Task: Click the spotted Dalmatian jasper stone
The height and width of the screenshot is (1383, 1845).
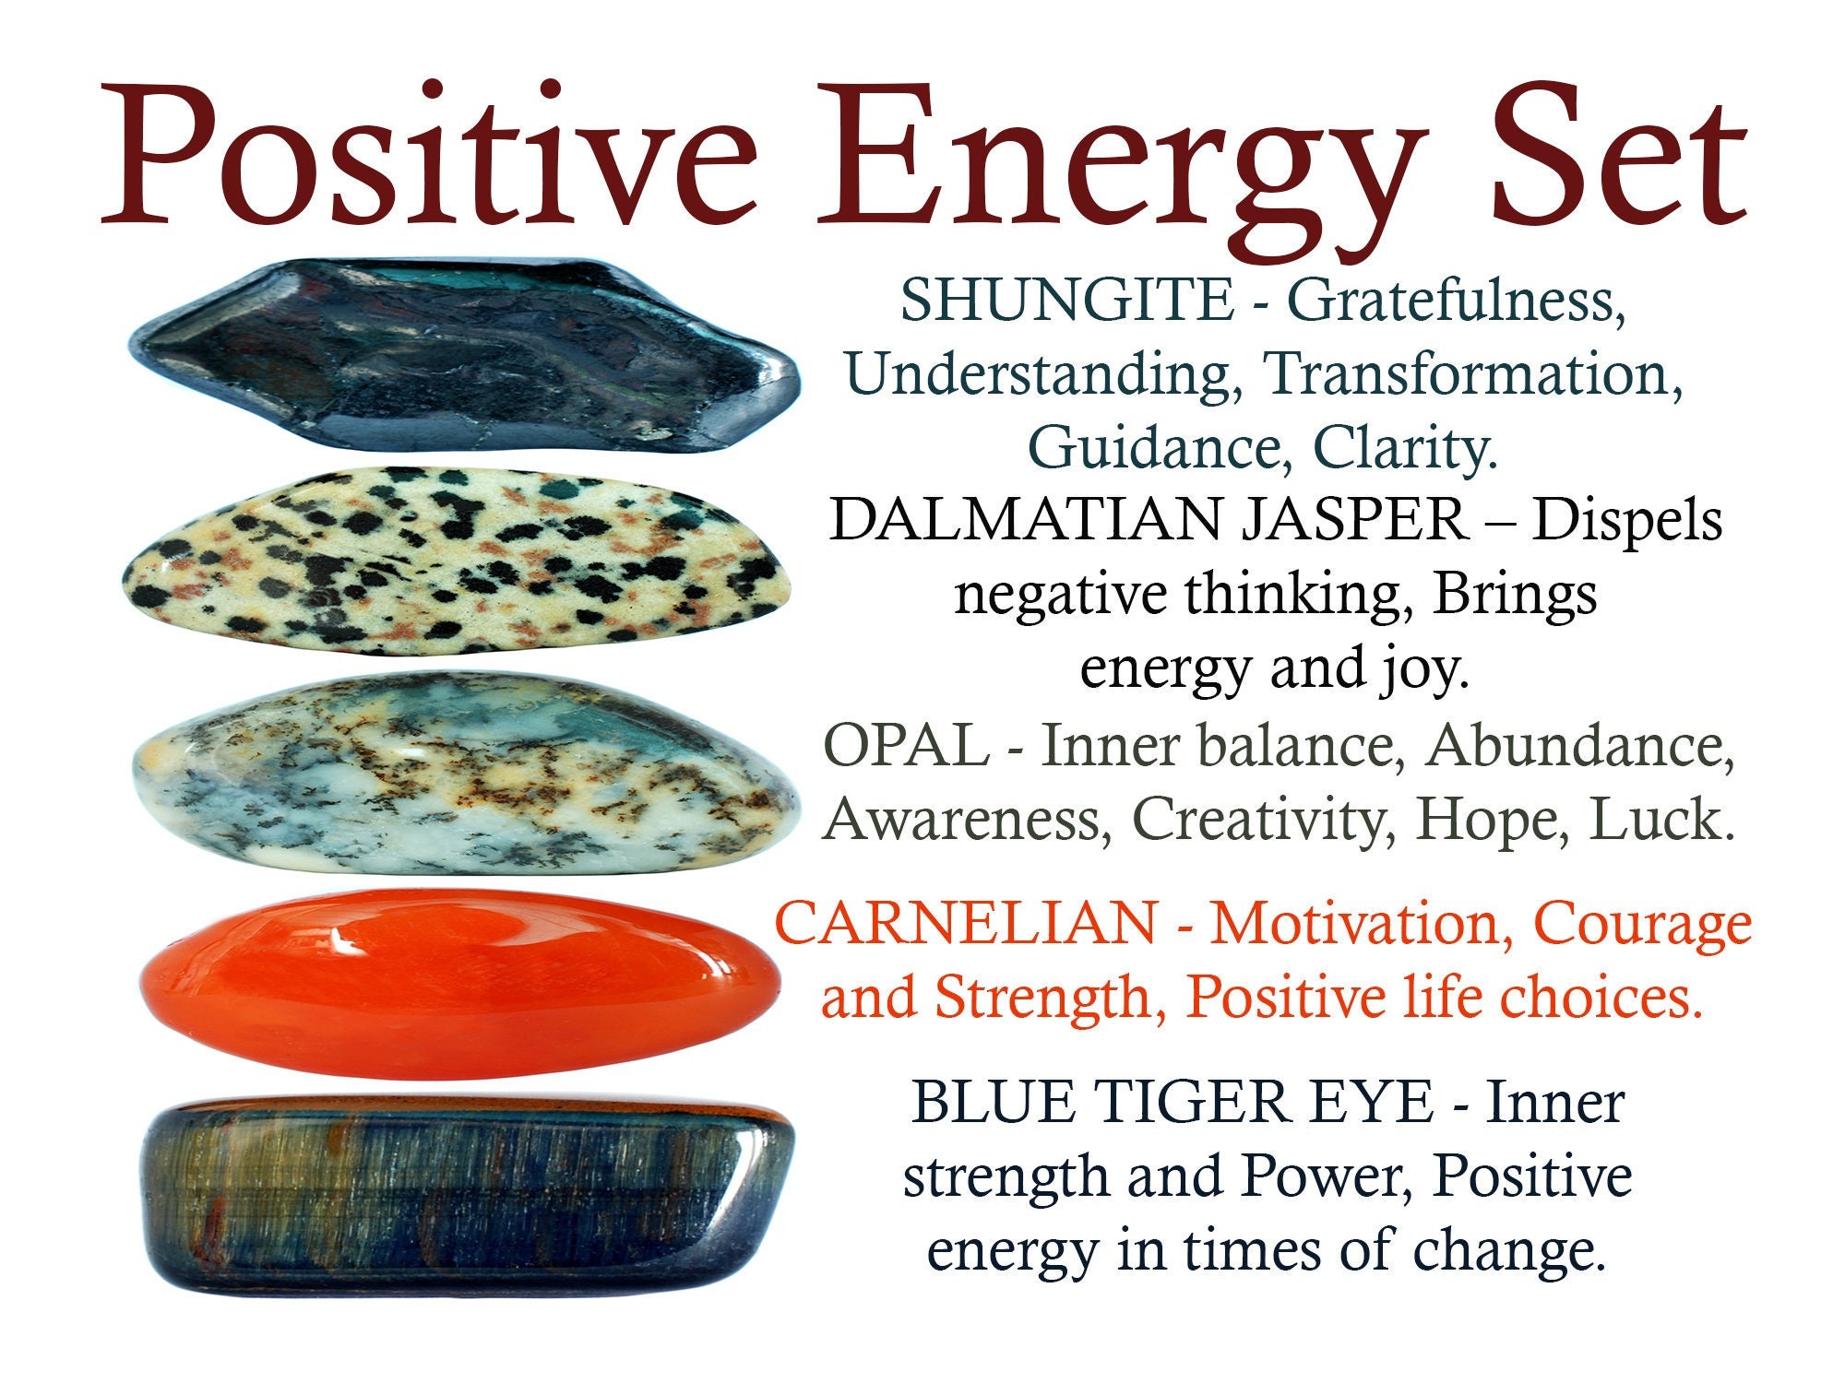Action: [x=457, y=562]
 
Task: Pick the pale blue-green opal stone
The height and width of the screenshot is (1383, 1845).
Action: [x=461, y=774]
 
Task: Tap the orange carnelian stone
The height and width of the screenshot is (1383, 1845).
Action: [x=461, y=982]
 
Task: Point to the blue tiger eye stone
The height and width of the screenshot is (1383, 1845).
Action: [x=466, y=1194]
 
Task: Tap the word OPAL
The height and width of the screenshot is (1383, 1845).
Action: [x=906, y=746]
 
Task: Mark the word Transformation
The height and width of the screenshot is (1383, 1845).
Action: [x=1472, y=374]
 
